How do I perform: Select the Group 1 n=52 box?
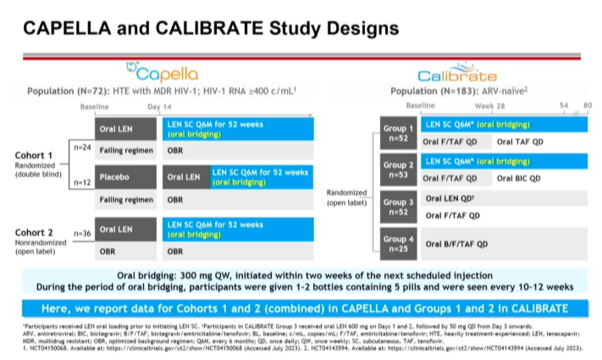pos(393,133)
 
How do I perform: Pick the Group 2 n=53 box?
pos(393,169)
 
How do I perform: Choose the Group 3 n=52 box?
pos(393,207)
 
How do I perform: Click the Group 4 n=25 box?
pos(393,243)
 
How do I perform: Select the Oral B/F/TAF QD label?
pos(456,243)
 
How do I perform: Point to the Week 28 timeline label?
pos(492,105)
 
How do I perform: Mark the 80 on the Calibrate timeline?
pos(588,105)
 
